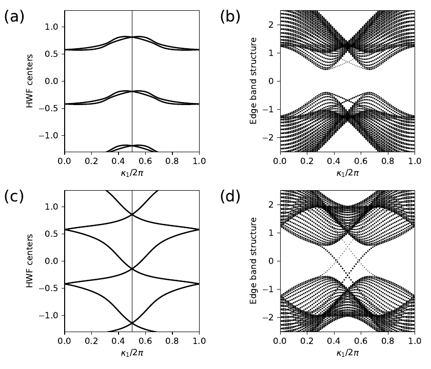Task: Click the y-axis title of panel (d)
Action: tap(252, 261)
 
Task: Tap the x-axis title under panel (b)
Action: tap(347, 172)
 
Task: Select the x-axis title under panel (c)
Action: tap(131, 352)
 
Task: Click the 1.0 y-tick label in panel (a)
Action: tap(53, 27)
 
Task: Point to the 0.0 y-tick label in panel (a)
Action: tap(53, 81)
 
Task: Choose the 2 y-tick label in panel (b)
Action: tap(272, 24)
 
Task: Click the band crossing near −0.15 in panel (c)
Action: tap(132, 269)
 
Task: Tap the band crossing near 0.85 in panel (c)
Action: tap(132, 215)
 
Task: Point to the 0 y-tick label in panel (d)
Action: tap(272, 261)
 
